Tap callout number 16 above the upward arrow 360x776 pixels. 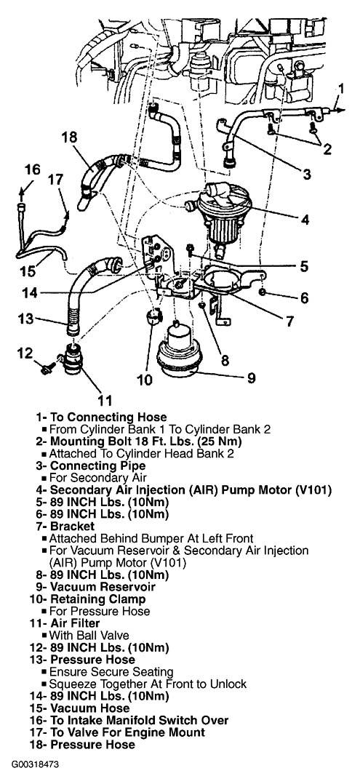tap(33, 169)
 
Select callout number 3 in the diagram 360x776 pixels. tap(307, 175)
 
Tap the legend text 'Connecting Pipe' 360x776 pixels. tap(98, 465)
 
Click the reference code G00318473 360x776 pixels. tap(30, 764)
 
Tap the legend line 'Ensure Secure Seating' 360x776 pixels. tap(111, 671)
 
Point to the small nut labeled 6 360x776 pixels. tap(263, 292)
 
